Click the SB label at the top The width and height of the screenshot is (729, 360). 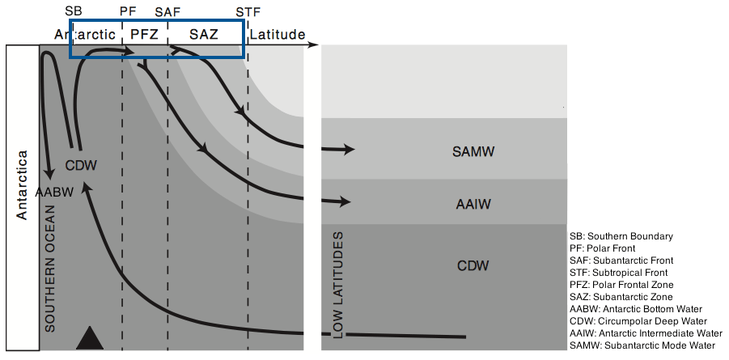(x=73, y=12)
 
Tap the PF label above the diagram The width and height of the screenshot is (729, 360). (x=128, y=12)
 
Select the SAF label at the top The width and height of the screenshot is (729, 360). (x=167, y=12)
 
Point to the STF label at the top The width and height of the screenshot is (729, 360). (x=248, y=12)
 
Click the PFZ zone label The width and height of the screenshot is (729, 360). (x=144, y=35)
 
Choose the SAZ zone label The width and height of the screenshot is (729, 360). (x=204, y=35)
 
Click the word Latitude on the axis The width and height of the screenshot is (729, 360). (x=278, y=35)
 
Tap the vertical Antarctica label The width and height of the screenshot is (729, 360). (x=22, y=184)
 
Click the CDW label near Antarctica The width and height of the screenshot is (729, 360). (x=81, y=166)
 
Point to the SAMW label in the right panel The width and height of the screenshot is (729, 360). (x=474, y=152)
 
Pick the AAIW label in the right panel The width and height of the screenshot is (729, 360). (x=474, y=205)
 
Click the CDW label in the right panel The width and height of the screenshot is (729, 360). (x=474, y=266)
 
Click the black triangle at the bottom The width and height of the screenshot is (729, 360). (x=91, y=337)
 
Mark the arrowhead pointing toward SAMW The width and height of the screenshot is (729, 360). (x=349, y=150)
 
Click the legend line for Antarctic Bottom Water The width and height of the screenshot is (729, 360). (x=636, y=309)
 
